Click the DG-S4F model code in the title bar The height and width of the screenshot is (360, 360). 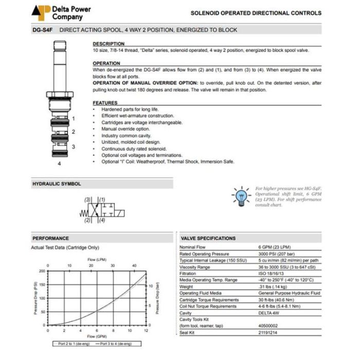42,30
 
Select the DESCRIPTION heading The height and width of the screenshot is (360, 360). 109,44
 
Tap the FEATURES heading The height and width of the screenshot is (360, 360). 105,103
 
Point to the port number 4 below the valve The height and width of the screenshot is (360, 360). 60,164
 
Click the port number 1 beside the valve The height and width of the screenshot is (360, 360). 73,119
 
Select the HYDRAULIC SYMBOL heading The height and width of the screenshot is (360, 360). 57,184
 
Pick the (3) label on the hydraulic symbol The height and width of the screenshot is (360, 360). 88,199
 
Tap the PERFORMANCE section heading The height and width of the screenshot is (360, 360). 50,239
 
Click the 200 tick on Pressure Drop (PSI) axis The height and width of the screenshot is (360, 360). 42,270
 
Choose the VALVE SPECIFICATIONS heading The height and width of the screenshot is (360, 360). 208,239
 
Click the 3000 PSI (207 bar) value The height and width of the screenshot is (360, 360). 277,254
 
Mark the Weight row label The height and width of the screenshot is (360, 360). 186,286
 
